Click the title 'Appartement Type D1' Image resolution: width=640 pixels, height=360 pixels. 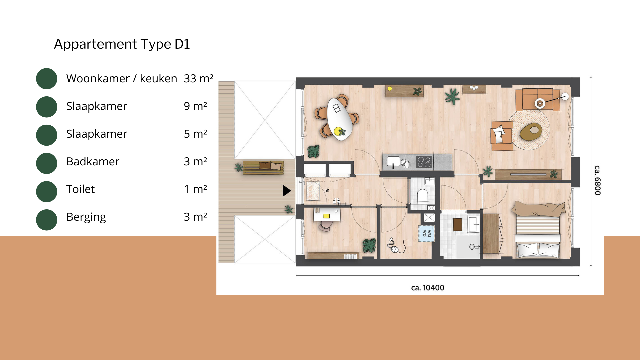tap(122, 44)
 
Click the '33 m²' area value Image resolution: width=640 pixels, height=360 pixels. tap(198, 78)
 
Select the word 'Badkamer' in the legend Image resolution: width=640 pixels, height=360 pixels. tap(93, 161)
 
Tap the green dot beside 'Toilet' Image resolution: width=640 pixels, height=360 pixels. tap(47, 191)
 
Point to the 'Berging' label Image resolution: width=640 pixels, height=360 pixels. tap(86, 217)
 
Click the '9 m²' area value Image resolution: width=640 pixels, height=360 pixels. tap(195, 106)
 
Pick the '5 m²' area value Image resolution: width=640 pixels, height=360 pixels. tap(195, 134)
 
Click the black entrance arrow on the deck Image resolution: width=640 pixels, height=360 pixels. tap(287, 191)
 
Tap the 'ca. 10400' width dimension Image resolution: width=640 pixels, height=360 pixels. tap(428, 288)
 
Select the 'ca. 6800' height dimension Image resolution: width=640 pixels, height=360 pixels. tap(598, 180)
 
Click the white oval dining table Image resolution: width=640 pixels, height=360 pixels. tap(339, 119)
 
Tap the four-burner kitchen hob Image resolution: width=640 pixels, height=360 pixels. tap(424, 162)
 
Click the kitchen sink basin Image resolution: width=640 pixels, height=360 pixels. tap(393, 161)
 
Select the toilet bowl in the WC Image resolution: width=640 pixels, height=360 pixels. tap(423, 196)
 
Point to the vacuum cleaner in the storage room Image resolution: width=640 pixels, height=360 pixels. tap(396, 246)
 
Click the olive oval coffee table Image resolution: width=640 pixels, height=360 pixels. tap(531, 132)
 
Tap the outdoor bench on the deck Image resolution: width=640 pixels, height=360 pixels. tap(263, 167)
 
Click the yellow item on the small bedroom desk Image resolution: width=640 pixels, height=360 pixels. tap(326, 216)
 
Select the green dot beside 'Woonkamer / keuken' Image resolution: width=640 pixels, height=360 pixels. tap(47, 79)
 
